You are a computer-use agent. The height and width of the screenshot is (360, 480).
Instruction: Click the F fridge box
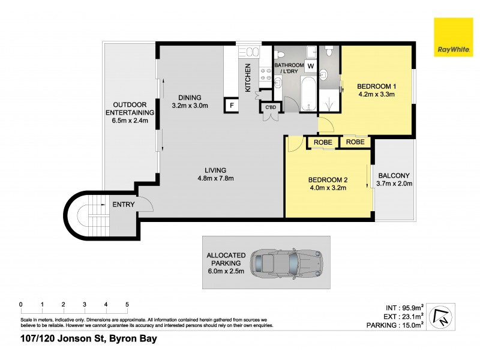click(231, 106)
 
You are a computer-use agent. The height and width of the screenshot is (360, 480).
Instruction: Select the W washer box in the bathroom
click(311, 65)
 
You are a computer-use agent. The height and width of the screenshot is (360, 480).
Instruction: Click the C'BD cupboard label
click(271, 107)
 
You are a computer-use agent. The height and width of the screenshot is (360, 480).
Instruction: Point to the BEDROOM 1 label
click(377, 86)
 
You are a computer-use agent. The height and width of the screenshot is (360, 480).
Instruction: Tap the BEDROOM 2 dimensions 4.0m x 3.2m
click(328, 188)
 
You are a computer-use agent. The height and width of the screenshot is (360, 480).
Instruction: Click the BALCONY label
click(394, 176)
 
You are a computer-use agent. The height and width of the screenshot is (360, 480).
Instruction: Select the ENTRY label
click(123, 205)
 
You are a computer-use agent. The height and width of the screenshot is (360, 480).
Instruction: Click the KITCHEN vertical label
click(248, 79)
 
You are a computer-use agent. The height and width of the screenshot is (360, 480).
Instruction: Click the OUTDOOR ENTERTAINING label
click(130, 108)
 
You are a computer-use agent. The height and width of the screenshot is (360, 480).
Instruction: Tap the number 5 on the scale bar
click(127, 304)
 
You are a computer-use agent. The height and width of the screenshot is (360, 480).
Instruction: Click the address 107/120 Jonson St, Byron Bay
click(89, 340)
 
